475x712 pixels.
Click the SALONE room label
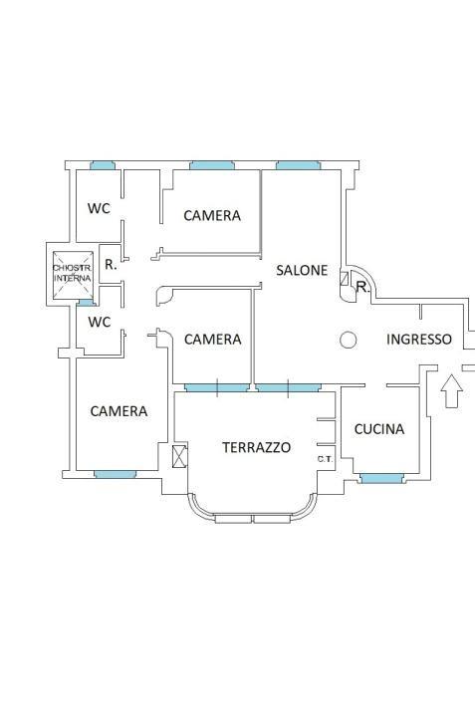302,270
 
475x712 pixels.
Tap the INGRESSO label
419,340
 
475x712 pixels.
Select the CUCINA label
379,429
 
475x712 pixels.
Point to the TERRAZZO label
257,447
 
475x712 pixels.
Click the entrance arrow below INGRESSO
452,391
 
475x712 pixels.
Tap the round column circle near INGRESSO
349,340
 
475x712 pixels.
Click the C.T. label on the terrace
326,459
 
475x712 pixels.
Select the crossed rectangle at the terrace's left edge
180,456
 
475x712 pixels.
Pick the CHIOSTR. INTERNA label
73,273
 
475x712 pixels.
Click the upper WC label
99,208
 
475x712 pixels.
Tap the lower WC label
100,322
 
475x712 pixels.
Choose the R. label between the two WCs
111,265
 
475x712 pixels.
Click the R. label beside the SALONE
362,287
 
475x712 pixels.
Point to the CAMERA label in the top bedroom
212,215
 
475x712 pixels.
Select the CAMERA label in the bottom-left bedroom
119,411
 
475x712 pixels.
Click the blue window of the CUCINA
381,478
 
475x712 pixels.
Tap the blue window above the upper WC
103,165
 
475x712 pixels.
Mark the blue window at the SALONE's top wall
298,165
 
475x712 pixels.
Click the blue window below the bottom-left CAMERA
116,475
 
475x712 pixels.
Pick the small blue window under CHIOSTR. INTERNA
85,303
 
